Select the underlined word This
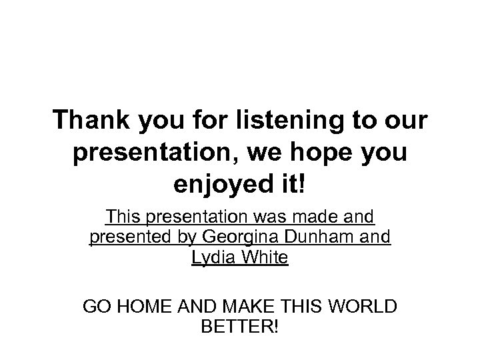point(121,217)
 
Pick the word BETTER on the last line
point(236,328)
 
